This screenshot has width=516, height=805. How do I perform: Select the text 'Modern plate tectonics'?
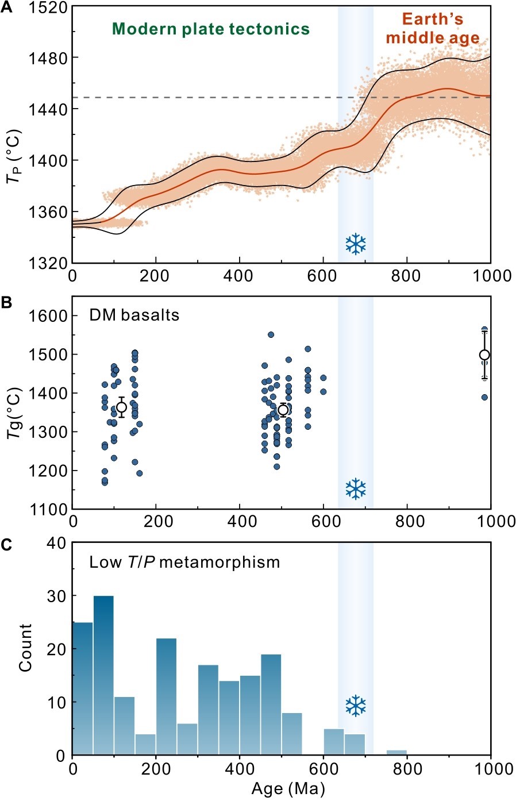[210, 29]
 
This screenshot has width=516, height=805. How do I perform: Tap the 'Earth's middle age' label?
[432, 29]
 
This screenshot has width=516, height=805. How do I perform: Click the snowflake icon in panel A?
[356, 244]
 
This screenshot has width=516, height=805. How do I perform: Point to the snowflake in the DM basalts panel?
[356, 489]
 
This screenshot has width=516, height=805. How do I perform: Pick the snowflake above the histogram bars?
[356, 706]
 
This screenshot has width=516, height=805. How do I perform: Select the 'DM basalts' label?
[134, 315]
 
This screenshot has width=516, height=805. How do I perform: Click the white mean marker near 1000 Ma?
[484, 355]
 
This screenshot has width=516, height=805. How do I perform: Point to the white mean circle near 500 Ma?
[283, 410]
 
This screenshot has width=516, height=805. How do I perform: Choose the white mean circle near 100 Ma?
[121, 407]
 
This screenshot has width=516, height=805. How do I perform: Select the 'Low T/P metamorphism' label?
[184, 561]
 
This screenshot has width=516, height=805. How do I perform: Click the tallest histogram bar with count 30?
[103, 675]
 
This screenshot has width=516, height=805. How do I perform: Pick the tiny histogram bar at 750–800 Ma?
[396, 752]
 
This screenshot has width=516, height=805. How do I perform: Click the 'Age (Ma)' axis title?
[288, 789]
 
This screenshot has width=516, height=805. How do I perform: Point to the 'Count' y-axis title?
[25, 647]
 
